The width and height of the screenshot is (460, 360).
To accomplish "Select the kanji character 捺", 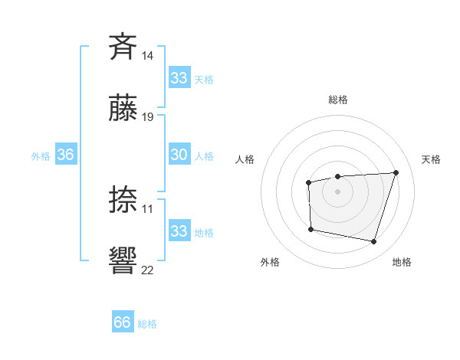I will click(123, 199).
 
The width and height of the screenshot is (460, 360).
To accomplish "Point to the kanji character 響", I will click(123, 260).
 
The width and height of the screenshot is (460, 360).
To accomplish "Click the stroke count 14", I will click(148, 56).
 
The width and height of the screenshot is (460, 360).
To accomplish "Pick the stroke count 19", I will click(148, 117).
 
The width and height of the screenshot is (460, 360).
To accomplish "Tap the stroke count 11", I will click(148, 208).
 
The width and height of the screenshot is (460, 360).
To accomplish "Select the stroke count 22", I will click(148, 270).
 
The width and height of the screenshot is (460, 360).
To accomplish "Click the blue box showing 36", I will click(65, 155).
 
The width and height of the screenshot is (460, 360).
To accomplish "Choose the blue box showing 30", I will click(179, 155).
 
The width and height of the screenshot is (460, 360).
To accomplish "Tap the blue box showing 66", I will click(123, 322).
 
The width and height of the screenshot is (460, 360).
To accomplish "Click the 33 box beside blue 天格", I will click(179, 78).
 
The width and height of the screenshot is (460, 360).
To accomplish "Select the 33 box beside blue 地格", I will click(179, 231).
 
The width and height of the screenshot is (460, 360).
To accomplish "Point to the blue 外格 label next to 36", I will click(41, 155).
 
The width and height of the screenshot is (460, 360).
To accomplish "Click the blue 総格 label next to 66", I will click(147, 323).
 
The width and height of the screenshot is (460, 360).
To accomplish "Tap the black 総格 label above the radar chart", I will click(337, 100).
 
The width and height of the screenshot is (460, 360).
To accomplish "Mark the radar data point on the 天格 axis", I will click(396, 172).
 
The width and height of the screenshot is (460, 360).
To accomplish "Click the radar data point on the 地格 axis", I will click(373, 241).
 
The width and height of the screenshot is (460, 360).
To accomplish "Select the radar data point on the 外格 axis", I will click(310, 228).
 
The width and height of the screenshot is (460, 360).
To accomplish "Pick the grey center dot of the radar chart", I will click(337, 191).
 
